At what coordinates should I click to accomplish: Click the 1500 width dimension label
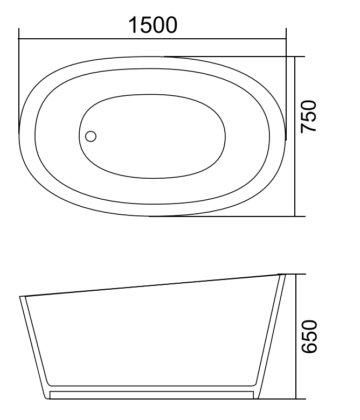click(x=152, y=25)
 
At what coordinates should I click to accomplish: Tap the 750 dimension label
click(x=310, y=117)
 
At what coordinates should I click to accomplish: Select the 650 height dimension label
click(x=310, y=337)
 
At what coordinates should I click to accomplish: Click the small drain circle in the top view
click(x=91, y=136)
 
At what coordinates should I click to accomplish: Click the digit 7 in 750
click(x=310, y=129)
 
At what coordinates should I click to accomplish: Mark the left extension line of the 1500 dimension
click(x=19, y=81)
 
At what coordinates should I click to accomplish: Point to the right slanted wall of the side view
click(x=273, y=334)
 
